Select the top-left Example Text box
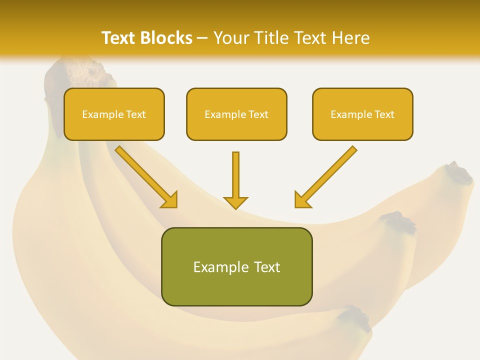pyautogui.click(x=114, y=114)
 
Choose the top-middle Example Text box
pyautogui.click(x=236, y=114)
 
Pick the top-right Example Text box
pyautogui.click(x=362, y=114)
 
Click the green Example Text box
pyautogui.click(x=236, y=267)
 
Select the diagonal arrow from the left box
pyautogui.click(x=146, y=177)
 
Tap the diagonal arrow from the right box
pyautogui.click(x=325, y=177)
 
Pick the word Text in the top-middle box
pyautogui.click(x=258, y=114)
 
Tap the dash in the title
pyautogui.click(x=202, y=38)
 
